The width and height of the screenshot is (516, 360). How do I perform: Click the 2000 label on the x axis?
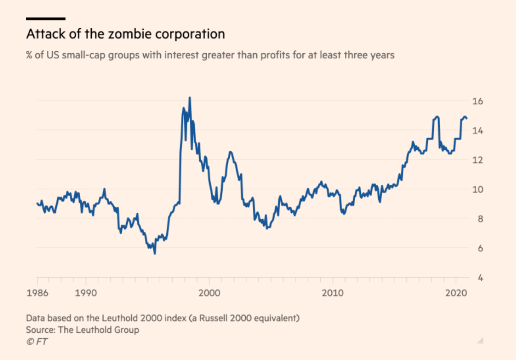click(209, 294)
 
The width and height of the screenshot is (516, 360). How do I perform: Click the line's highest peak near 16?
click(189, 98)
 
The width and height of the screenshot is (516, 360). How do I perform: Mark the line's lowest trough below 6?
click(154, 254)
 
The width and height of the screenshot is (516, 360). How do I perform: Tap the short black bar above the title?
click(46, 19)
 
